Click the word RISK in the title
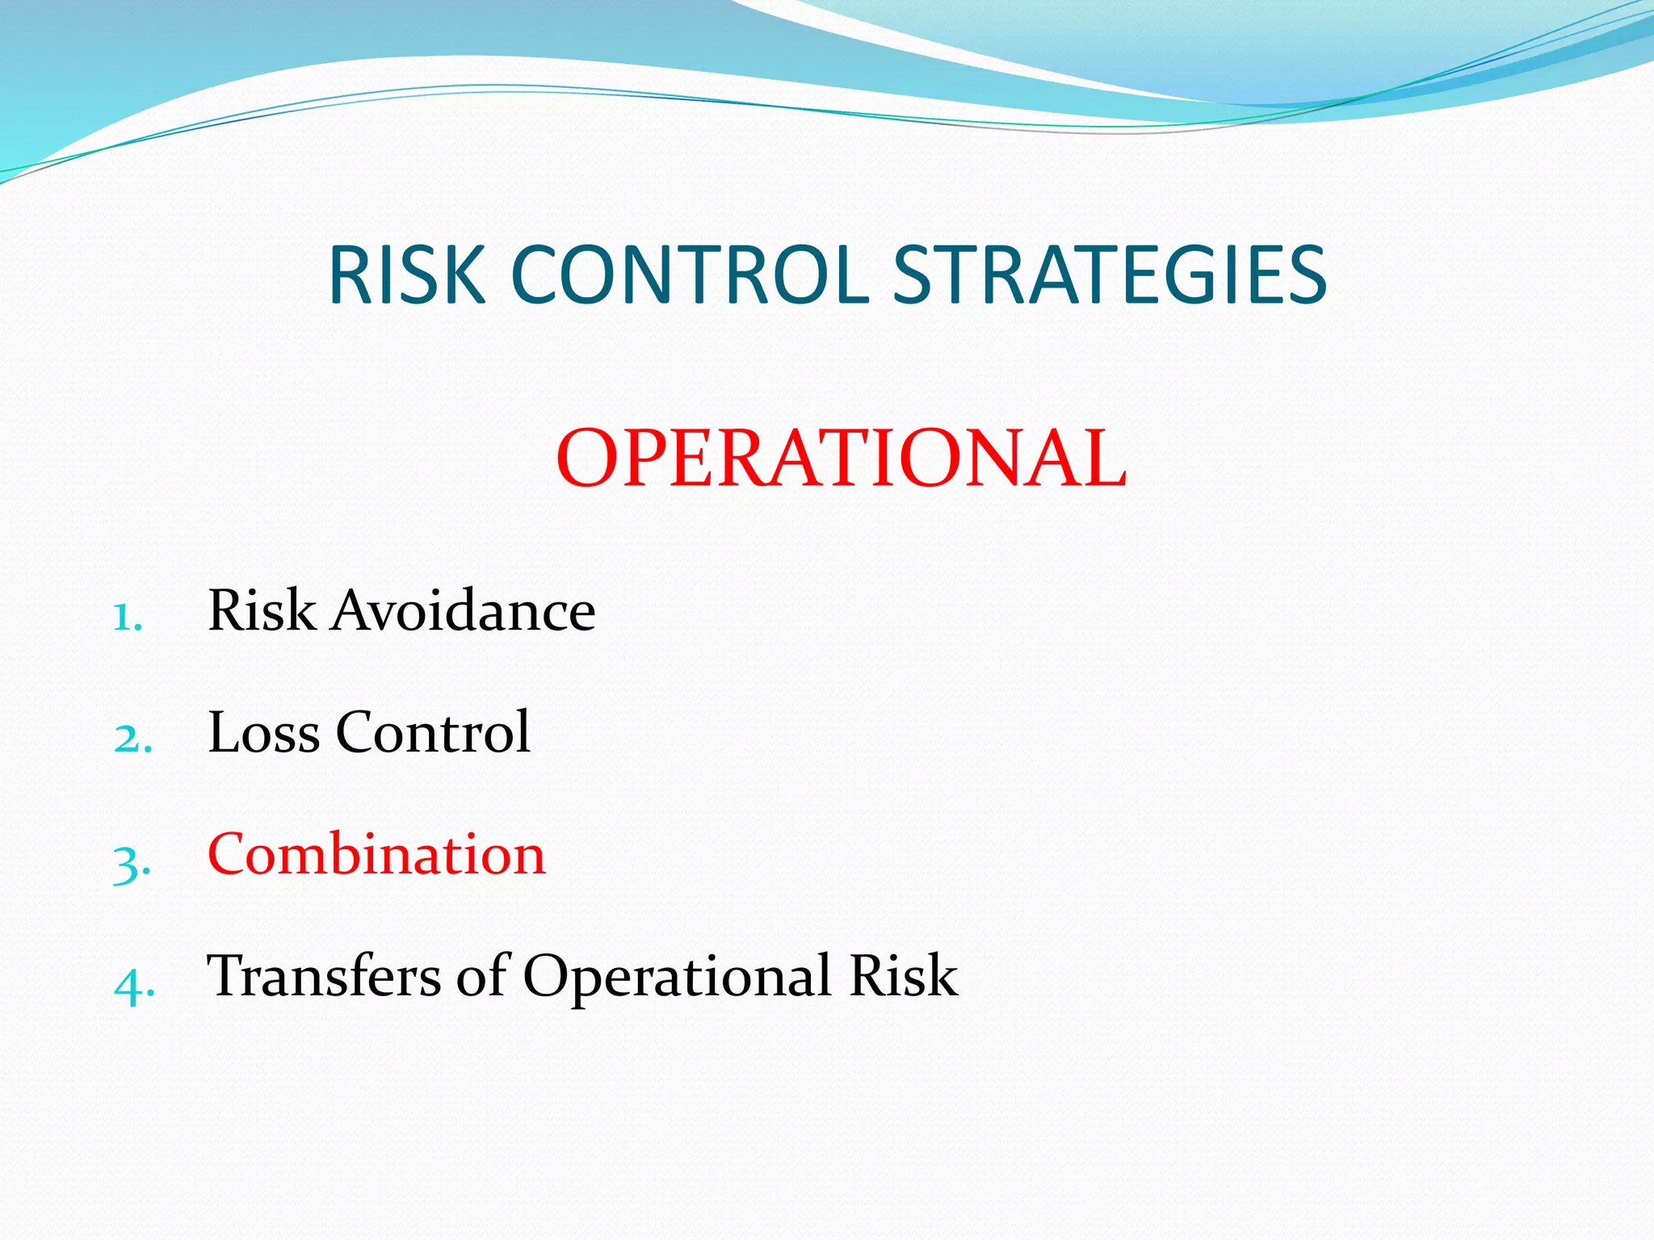[x=406, y=276]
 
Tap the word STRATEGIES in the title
[x=1110, y=276]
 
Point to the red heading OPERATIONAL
[x=841, y=459]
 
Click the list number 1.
[x=127, y=618]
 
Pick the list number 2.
[x=132, y=739]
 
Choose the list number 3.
[x=131, y=862]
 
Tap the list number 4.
[x=133, y=985]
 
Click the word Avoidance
[x=464, y=610]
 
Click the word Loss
[x=264, y=732]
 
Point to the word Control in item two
[x=433, y=732]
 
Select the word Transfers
[x=324, y=976]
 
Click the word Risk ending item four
[x=903, y=976]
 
